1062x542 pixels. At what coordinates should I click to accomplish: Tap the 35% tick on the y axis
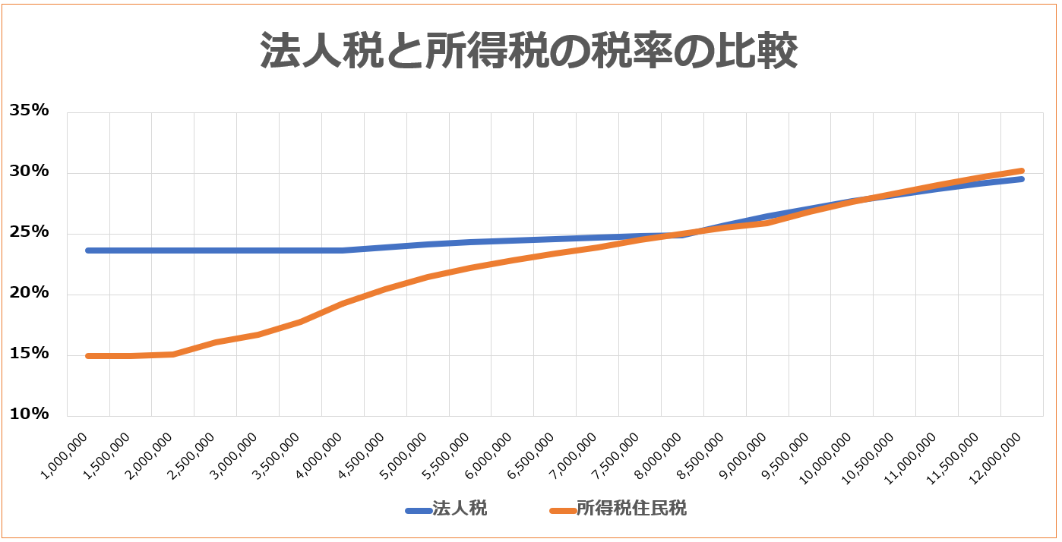click(29, 111)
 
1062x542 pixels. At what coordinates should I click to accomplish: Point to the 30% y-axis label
click(29, 172)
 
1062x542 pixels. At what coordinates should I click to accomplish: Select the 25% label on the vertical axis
click(29, 232)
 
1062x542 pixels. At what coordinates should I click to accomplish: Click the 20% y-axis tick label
click(29, 293)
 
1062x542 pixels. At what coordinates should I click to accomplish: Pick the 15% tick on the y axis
click(29, 354)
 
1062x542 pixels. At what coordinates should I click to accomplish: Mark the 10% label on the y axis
click(29, 414)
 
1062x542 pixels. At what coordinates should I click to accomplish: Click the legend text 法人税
click(460, 509)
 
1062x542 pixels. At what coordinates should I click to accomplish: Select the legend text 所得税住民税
click(631, 509)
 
